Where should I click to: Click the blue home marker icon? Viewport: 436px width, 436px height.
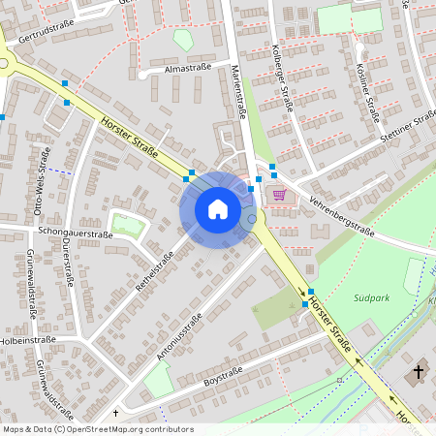[217, 209]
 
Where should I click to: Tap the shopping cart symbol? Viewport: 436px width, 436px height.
[280, 194]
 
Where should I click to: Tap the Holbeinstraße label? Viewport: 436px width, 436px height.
[27, 340]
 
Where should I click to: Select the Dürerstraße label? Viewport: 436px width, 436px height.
[67, 262]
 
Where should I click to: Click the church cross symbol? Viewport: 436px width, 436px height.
[419, 371]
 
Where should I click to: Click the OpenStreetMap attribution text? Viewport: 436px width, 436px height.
[98, 429]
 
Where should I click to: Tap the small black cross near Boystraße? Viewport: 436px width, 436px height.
[114, 412]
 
